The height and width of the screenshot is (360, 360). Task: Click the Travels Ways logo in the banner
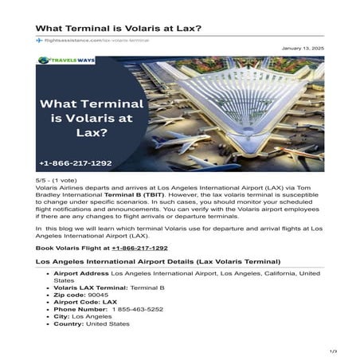(66, 62)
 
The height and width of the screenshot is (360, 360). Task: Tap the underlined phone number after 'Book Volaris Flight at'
(139, 248)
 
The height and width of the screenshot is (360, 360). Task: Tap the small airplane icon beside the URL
(39, 40)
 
